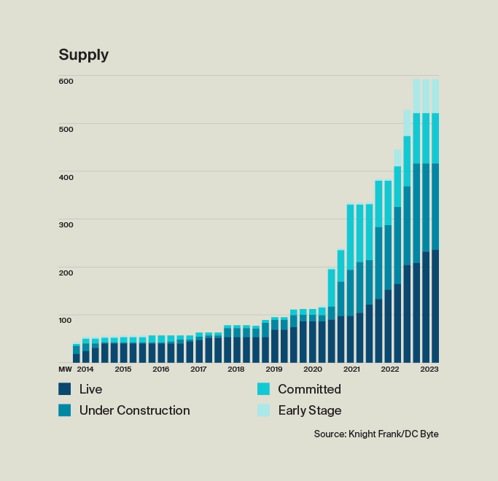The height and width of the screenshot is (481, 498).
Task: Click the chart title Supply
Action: [x=83, y=55]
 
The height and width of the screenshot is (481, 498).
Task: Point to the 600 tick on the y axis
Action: [x=66, y=81]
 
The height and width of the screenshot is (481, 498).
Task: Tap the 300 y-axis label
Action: [x=66, y=224]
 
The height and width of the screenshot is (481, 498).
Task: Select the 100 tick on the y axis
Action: [x=66, y=320]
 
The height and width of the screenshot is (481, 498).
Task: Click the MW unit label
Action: [x=64, y=369]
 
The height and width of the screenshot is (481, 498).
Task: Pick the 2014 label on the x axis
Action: [x=85, y=369]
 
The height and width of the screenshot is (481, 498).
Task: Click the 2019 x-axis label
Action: [x=274, y=369]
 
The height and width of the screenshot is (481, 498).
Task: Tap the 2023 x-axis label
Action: [x=429, y=369]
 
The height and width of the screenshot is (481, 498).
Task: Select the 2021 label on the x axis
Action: [x=351, y=369]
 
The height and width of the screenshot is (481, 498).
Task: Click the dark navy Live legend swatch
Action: [x=65, y=389]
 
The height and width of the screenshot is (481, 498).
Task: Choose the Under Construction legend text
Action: [x=134, y=410]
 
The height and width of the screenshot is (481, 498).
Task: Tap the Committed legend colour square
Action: [x=264, y=389]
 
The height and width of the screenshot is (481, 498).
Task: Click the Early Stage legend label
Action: [x=309, y=410]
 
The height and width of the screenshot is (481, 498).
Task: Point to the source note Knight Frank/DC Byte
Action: [x=376, y=434]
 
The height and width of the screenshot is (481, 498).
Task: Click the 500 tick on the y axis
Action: [x=66, y=129]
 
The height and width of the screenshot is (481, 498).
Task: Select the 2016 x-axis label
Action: [x=160, y=369]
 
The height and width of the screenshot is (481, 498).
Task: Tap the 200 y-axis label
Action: [x=66, y=273]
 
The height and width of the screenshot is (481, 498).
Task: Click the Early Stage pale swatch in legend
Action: [x=264, y=410]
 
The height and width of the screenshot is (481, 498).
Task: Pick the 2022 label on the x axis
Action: [x=390, y=369]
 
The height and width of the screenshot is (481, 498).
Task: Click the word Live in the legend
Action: [x=90, y=389]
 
